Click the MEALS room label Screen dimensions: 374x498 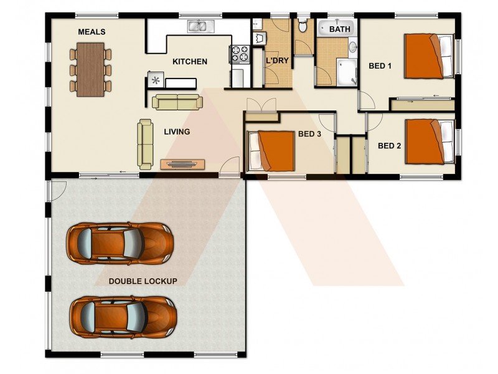[x=92, y=32]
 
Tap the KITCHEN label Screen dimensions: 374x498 [x=190, y=61]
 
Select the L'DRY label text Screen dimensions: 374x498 [x=276, y=61]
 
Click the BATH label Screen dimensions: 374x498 [x=340, y=29]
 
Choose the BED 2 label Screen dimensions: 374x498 [x=389, y=146]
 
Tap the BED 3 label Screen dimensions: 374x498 [x=309, y=133]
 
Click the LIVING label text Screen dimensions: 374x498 [x=177, y=132]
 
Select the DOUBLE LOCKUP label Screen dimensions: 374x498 [x=143, y=281]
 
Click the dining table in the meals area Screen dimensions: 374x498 [x=91, y=69]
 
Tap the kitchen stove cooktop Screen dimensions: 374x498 [x=239, y=54]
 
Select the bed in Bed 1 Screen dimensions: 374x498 [x=429, y=55]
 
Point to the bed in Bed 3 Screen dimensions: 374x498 [x=271, y=150]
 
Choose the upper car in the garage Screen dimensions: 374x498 [x=120, y=242]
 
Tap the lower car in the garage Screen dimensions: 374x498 [x=121, y=315]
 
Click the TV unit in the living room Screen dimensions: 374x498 [x=182, y=164]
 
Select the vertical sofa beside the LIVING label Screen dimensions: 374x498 [x=145, y=144]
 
